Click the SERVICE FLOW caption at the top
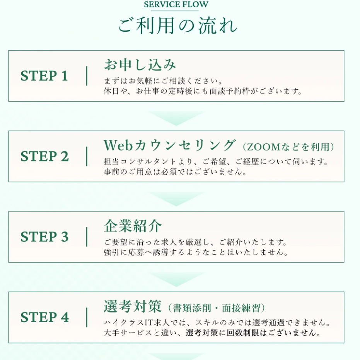click(x=176, y=4)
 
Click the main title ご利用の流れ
click(x=177, y=25)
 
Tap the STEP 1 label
click(x=44, y=76)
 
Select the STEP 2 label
click(x=44, y=156)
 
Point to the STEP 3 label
click(x=44, y=237)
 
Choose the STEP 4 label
click(x=44, y=317)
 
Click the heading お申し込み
click(x=140, y=65)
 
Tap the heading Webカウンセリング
click(x=170, y=145)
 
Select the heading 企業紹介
click(x=133, y=226)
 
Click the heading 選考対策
click(x=133, y=306)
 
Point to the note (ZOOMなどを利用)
click(x=288, y=147)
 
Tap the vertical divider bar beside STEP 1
click(x=87, y=76)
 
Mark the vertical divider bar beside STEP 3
click(x=87, y=237)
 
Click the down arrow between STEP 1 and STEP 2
click(x=176, y=118)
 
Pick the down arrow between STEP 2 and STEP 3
click(x=176, y=199)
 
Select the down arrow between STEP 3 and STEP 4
click(x=176, y=279)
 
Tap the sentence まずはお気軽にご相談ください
click(x=163, y=81)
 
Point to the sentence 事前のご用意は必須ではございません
click(x=175, y=172)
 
